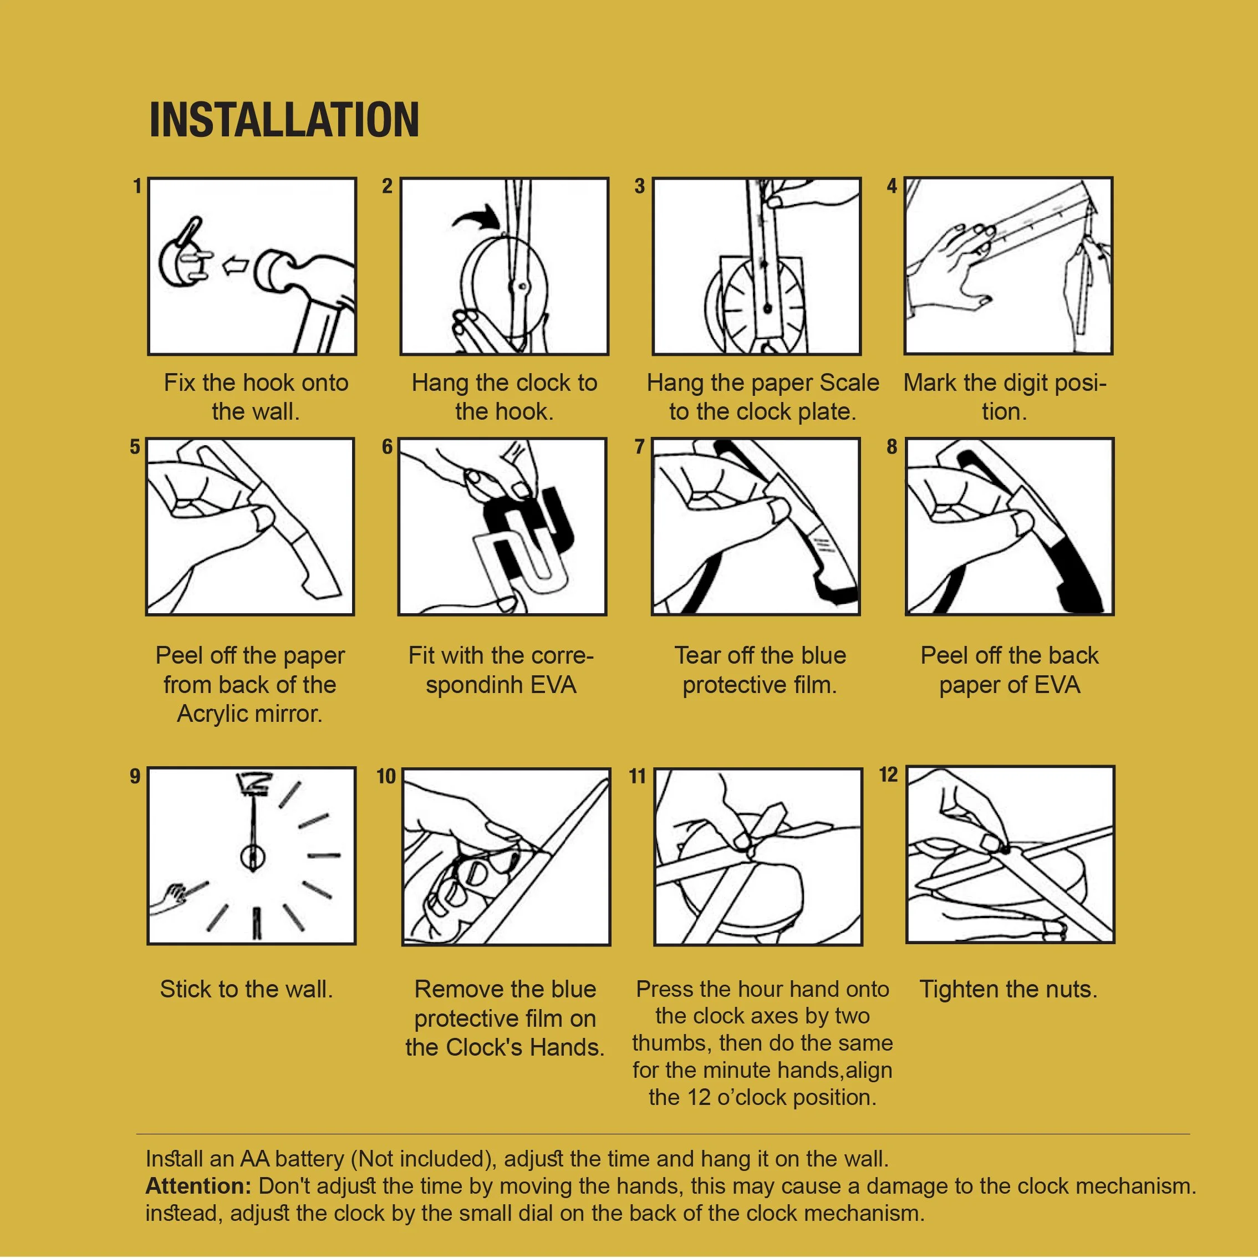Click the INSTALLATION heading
284,120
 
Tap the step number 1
137,186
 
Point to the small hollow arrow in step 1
236,265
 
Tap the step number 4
892,186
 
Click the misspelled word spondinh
475,686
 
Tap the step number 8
892,447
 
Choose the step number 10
386,776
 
